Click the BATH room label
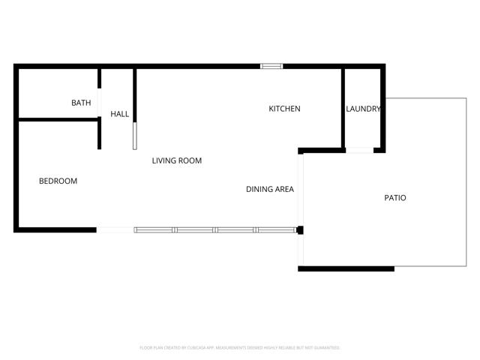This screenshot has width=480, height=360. [x=81, y=103]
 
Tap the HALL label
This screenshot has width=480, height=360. [x=120, y=114]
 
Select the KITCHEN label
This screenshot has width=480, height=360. [x=284, y=109]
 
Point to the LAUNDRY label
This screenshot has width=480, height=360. [x=363, y=109]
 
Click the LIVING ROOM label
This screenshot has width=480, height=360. [x=177, y=160]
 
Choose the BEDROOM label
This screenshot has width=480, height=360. [x=58, y=181]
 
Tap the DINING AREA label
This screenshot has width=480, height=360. [x=269, y=189]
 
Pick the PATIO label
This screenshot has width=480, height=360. [x=395, y=198]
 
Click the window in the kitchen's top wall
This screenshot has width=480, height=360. [x=271, y=66]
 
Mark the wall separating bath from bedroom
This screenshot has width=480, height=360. [x=57, y=118]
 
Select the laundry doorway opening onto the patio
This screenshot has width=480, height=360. [x=360, y=151]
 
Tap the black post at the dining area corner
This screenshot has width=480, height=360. [x=299, y=230]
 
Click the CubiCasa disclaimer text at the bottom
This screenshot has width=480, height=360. [x=240, y=348]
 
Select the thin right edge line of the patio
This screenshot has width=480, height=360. [x=466, y=180]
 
